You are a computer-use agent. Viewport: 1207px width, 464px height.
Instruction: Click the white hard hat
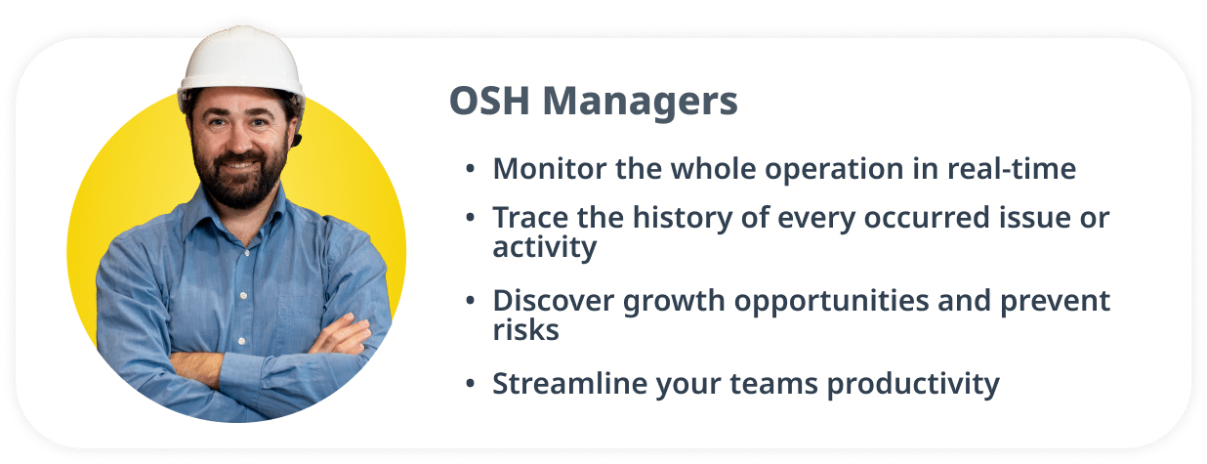coord(242,62)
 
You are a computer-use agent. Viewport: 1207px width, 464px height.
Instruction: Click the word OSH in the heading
coord(489,101)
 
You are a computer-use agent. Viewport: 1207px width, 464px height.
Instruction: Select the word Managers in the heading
coord(640,103)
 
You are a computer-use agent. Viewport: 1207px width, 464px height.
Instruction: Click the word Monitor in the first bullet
coord(550,169)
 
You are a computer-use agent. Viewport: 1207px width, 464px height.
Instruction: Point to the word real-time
coord(1012,169)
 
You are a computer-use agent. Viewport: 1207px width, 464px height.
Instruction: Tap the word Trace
coord(530,218)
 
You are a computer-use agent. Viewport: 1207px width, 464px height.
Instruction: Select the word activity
coord(545,248)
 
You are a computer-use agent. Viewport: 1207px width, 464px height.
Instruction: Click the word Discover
coord(554,301)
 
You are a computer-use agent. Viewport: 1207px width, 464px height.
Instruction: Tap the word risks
coord(526,330)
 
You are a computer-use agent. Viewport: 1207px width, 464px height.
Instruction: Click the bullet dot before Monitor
coord(470,169)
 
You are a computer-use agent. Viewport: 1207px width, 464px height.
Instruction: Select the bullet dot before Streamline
coord(470,384)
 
